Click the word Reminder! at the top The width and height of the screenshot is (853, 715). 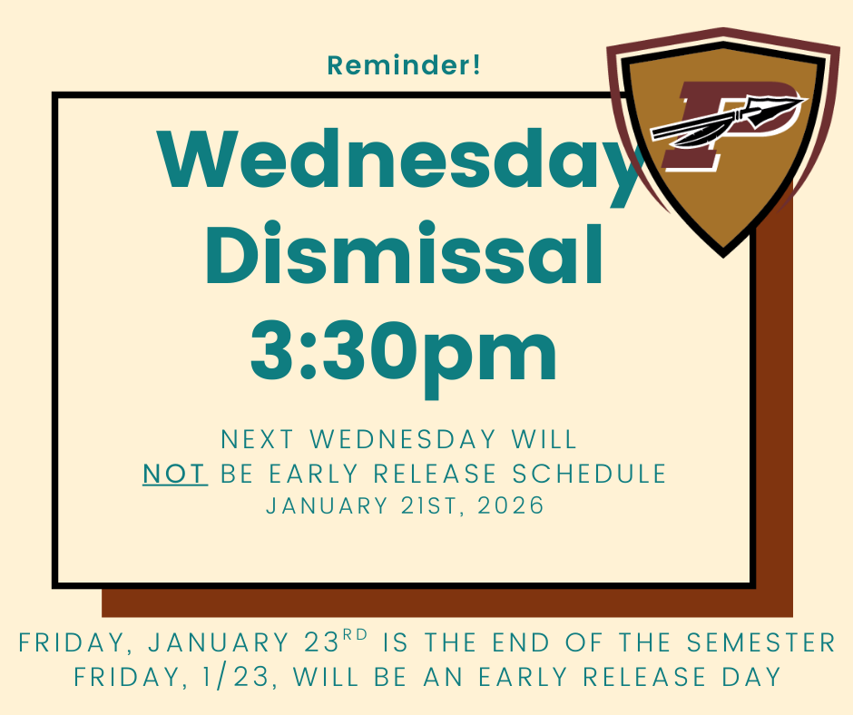coord(404,65)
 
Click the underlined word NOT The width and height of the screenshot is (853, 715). coord(175,474)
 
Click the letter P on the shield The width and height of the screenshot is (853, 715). coord(717,127)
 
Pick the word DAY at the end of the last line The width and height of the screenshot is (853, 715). coord(750,677)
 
